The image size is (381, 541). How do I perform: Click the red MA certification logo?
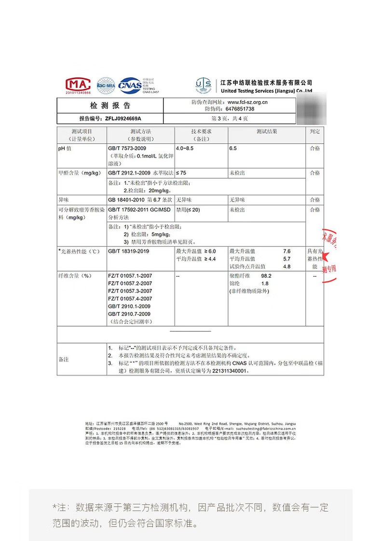click(x=78, y=85)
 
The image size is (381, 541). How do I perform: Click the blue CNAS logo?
click(x=130, y=85)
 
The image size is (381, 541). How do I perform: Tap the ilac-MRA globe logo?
click(x=106, y=85)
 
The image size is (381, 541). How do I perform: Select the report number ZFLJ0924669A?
click(x=127, y=118)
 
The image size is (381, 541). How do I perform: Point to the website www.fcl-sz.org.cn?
click(x=247, y=102)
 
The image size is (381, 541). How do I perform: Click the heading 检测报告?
click(x=110, y=106)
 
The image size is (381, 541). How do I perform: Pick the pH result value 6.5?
click(x=233, y=149)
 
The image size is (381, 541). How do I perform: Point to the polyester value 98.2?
click(x=267, y=276)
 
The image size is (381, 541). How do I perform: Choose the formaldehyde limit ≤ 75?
click(x=181, y=173)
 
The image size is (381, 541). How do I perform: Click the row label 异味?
click(x=63, y=199)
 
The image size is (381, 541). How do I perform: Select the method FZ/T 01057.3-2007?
click(x=130, y=291)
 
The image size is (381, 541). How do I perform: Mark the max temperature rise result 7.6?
click(x=287, y=251)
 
